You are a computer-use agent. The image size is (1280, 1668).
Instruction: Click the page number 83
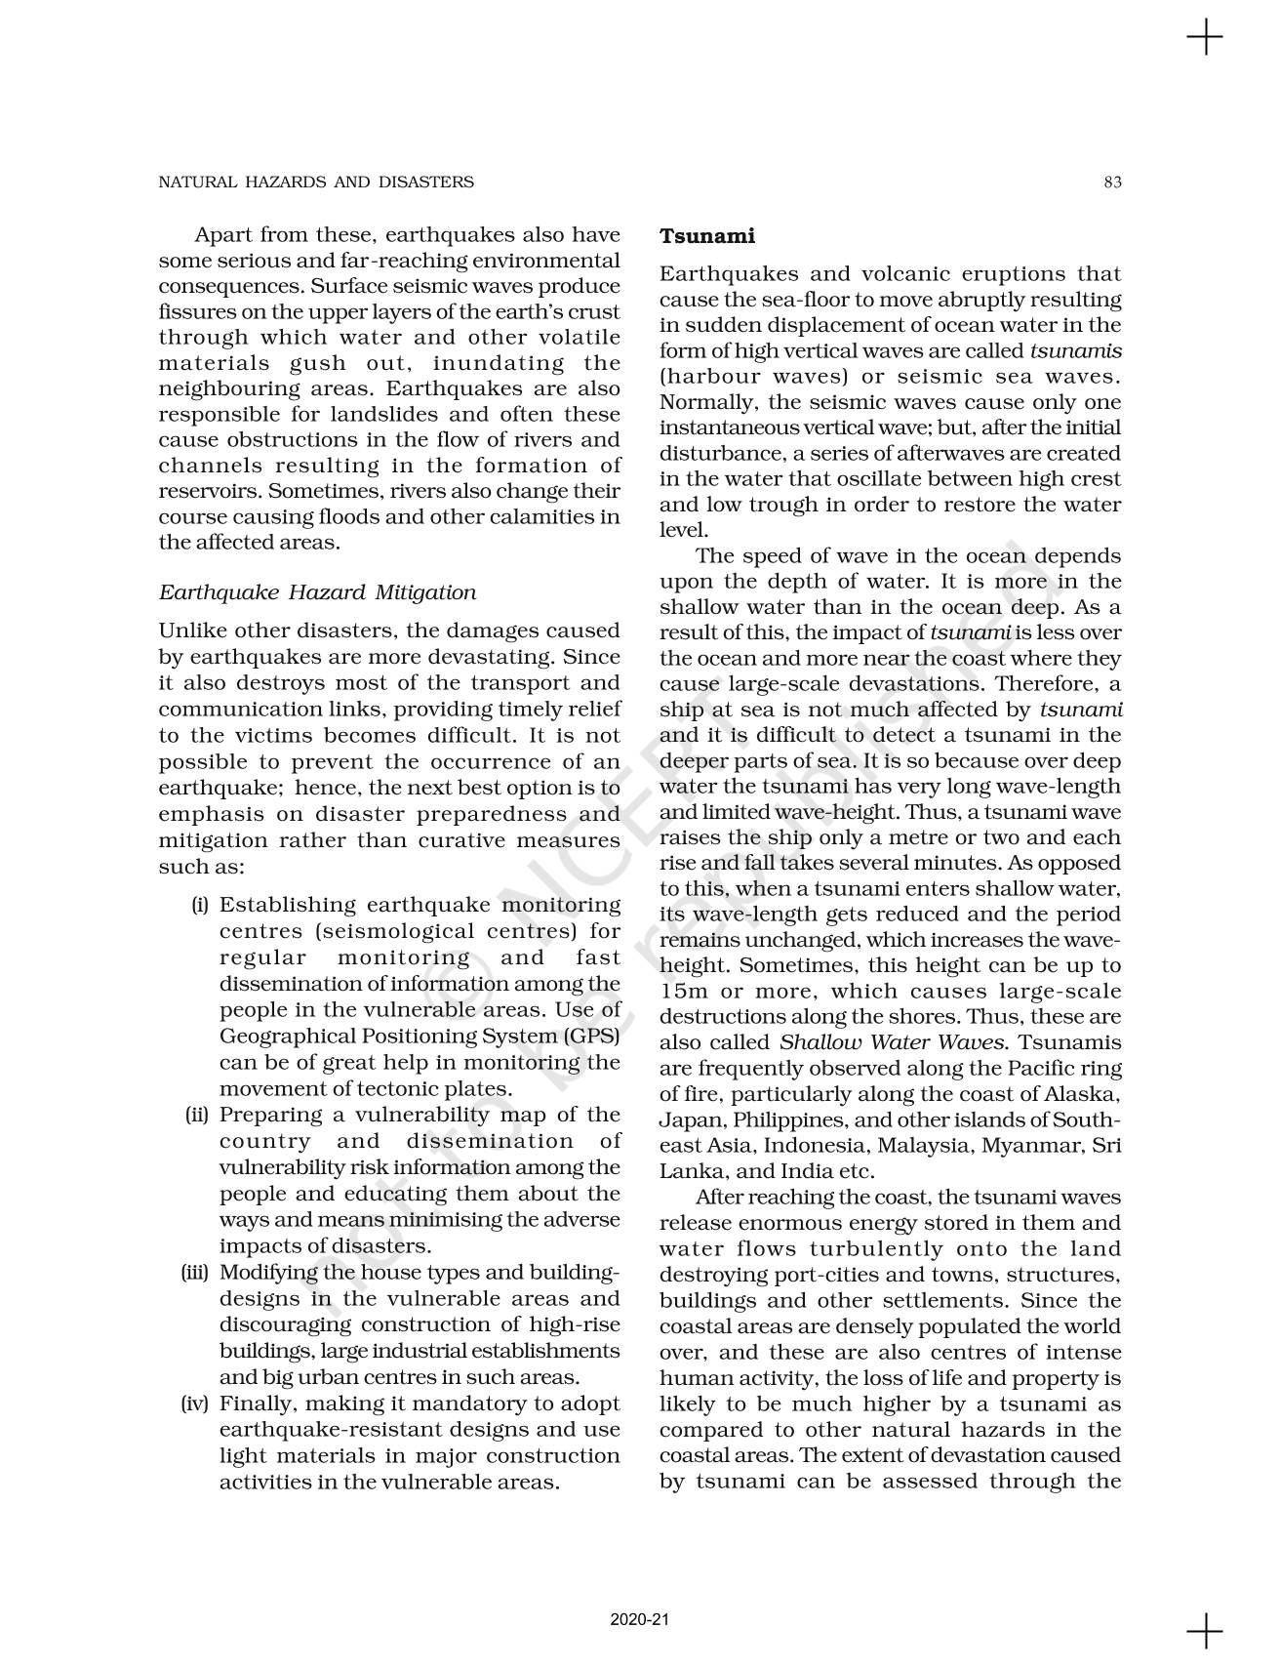[x=1112, y=182]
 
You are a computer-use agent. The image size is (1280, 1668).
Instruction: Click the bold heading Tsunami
[x=707, y=236]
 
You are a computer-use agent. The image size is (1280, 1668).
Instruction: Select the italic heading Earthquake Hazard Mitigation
[x=317, y=592]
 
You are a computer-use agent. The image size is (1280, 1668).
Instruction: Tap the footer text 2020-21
[x=640, y=1620]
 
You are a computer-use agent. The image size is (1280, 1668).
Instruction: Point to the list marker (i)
[x=199, y=906]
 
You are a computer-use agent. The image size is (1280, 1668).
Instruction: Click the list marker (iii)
[x=195, y=1273]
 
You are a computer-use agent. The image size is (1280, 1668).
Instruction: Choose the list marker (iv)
[x=195, y=1404]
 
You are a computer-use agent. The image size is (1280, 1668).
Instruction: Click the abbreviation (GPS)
[x=585, y=1036]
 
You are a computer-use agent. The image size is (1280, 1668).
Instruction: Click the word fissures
[x=194, y=312]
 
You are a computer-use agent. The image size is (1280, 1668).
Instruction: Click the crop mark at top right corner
[x=1205, y=38]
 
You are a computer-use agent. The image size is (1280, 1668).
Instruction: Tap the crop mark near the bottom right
[x=1205, y=1631]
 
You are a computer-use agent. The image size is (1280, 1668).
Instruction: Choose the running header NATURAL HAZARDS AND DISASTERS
[x=316, y=182]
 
